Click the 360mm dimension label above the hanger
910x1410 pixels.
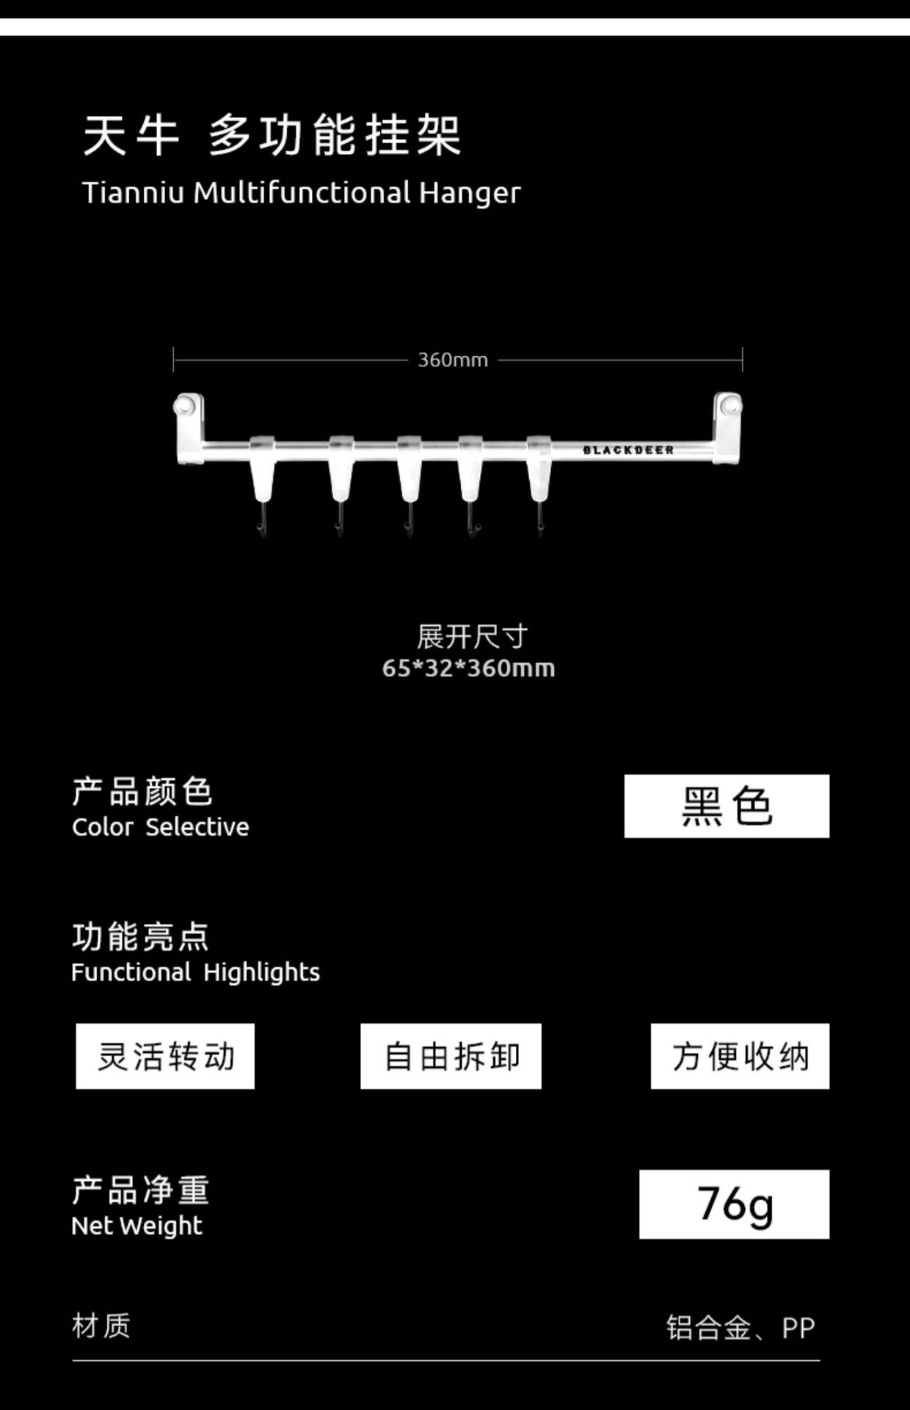453,360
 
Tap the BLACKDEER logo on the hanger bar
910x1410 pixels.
628,450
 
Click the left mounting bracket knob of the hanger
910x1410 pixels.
186,405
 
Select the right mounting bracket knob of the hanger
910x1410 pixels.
729,405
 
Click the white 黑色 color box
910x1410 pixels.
727,806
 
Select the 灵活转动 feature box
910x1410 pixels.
165,1056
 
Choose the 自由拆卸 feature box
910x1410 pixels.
451,1056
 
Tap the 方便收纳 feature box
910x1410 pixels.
740,1056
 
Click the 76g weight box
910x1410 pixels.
734,1204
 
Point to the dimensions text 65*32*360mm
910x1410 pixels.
468,668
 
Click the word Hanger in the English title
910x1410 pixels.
470,193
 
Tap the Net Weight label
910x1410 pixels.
136,1226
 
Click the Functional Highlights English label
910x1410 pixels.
195,972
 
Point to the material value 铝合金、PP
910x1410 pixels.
740,1328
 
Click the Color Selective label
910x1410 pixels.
160,827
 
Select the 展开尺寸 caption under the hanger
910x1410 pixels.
472,637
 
